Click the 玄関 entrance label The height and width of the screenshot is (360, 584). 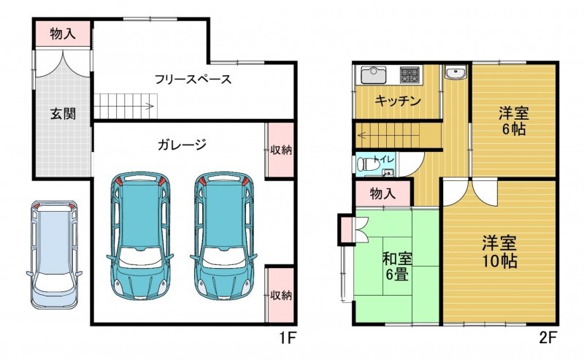[63, 114]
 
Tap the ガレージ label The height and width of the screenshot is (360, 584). [182, 145]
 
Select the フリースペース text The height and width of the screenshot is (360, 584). [193, 79]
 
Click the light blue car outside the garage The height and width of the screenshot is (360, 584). [54, 255]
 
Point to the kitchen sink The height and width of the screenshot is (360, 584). [374, 76]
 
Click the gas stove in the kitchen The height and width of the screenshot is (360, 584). [410, 74]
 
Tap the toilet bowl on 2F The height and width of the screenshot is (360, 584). [369, 164]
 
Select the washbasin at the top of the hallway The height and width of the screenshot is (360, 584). [456, 73]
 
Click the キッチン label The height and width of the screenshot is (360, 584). [398, 101]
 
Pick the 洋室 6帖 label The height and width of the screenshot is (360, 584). [514, 120]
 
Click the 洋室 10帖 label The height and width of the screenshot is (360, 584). [499, 252]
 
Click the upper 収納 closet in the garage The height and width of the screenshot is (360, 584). [280, 150]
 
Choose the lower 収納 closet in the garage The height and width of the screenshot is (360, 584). [280, 295]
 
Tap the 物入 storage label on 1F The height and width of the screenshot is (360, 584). [63, 34]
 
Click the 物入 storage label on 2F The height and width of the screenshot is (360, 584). [383, 194]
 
